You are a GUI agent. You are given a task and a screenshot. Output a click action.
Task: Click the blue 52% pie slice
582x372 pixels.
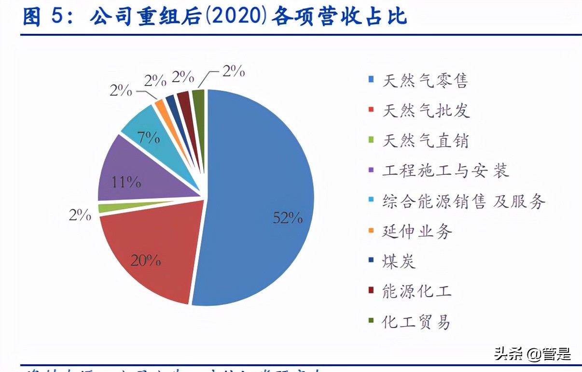[x=256, y=193]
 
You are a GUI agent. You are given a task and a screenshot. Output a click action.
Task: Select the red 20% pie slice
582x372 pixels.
[x=150, y=251]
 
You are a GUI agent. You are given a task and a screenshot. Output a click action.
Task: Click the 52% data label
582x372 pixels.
[x=288, y=218]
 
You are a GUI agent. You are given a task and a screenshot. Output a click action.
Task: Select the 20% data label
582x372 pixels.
[x=145, y=261]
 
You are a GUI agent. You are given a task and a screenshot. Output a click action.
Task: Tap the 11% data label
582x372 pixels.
[x=126, y=182]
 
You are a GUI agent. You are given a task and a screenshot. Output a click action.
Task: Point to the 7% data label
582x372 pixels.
[x=148, y=137]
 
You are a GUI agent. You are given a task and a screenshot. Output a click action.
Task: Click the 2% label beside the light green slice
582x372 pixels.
[x=80, y=215]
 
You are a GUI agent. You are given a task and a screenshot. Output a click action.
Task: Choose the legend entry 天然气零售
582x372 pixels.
[x=425, y=80]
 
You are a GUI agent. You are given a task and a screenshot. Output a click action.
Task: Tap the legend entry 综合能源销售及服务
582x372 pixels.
[x=463, y=201]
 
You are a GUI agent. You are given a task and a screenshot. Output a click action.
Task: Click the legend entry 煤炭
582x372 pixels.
[x=399, y=261]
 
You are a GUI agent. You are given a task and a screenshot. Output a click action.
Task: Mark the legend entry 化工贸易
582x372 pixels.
[x=416, y=321]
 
